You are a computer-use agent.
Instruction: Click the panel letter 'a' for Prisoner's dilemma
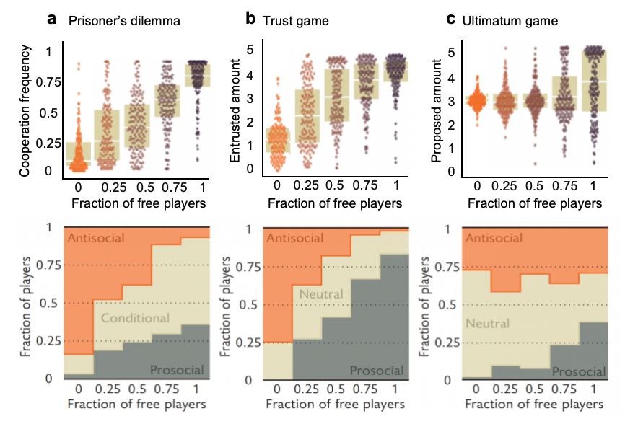coord(51,19)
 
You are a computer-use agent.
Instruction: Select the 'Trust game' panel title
coord(295,21)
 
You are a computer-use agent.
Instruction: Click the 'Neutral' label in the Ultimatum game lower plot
coord(488,324)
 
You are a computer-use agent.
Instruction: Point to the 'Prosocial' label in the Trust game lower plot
coord(377,370)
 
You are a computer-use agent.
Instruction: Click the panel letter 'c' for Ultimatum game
coord(450,19)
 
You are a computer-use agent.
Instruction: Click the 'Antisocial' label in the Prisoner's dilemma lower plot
coord(97,239)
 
